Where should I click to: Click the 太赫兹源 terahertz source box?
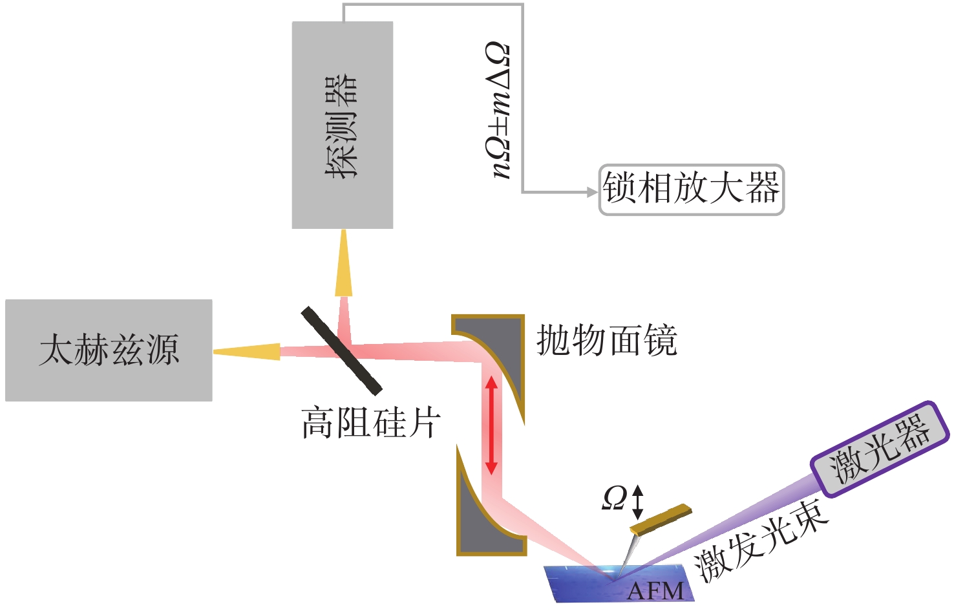(x=109, y=350)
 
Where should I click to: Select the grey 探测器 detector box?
(x=343, y=125)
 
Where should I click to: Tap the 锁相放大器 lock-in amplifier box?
(x=692, y=189)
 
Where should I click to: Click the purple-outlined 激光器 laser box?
(x=880, y=449)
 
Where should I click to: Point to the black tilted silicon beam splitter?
(x=341, y=350)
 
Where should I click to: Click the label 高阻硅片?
(x=370, y=423)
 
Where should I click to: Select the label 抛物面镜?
(x=606, y=340)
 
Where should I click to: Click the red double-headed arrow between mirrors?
(x=491, y=425)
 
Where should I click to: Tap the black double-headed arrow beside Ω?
(x=637, y=502)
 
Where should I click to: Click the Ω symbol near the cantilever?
(x=614, y=498)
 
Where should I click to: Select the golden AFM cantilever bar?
(x=661, y=519)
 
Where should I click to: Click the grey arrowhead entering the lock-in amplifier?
(x=593, y=192)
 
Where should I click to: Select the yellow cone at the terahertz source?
(x=247, y=352)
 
